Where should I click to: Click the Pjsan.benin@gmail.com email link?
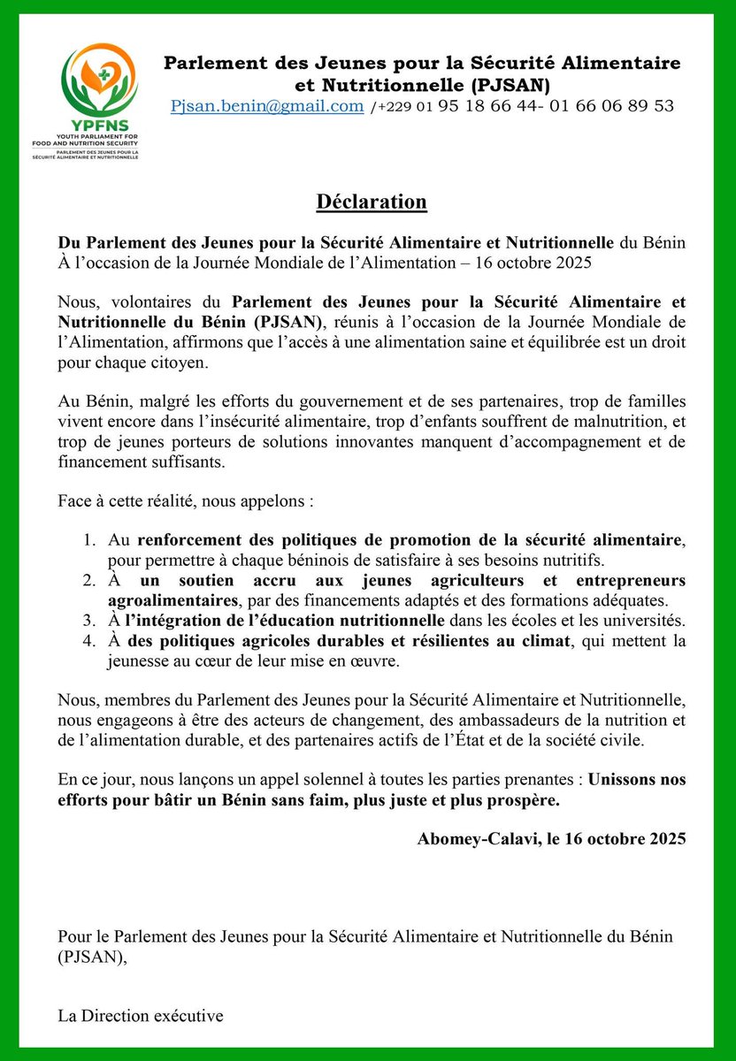[267, 106]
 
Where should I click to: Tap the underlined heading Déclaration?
[372, 202]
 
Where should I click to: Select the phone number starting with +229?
[522, 106]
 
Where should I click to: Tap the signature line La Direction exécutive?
[141, 1016]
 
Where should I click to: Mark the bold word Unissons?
[637, 781]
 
